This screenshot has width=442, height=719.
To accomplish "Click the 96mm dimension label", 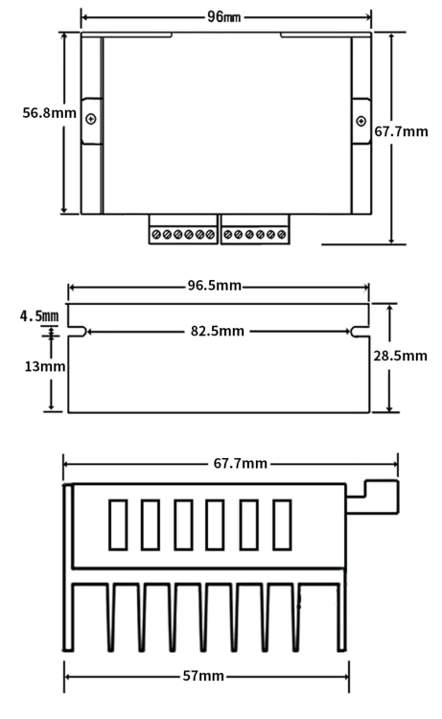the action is click(223, 17).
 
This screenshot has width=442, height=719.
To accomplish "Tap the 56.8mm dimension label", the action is click(50, 113).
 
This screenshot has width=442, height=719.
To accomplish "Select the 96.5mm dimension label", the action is click(214, 286).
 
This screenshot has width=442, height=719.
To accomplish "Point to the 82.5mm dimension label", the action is click(218, 331).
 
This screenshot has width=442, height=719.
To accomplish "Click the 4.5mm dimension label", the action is click(39, 316).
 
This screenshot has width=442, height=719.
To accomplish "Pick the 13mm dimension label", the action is click(44, 366).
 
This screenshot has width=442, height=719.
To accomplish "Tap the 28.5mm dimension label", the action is click(400, 356).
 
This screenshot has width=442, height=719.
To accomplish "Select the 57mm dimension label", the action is click(203, 676).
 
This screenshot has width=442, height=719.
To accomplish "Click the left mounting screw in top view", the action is click(91, 119).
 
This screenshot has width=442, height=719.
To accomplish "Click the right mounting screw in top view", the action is click(361, 121).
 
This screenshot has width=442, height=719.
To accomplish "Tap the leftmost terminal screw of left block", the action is click(156, 235).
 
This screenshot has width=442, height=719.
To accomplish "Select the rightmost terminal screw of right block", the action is click(282, 235).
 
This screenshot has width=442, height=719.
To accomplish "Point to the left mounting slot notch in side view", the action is click(78, 332).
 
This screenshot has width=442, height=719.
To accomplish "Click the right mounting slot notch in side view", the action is click(360, 332).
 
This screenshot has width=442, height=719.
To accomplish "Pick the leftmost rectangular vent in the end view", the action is click(118, 524).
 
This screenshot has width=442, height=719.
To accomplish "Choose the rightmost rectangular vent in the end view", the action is click(282, 524).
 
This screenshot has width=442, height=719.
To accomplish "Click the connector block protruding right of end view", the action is click(372, 497).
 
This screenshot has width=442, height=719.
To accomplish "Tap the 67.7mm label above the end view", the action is click(241, 463).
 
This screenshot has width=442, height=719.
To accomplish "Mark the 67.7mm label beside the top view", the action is click(401, 131).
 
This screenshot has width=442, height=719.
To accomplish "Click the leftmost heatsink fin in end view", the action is click(68, 568).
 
